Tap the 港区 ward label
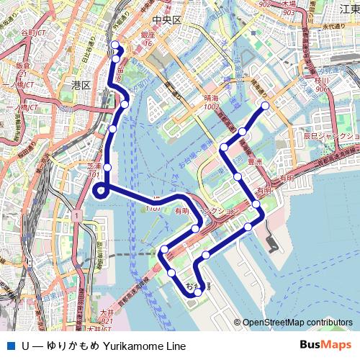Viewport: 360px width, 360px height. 81,85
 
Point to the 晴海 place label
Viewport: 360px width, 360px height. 211,98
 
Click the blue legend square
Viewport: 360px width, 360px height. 9,346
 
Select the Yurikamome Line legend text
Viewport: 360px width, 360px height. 105,346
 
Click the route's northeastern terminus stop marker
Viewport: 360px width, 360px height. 264,106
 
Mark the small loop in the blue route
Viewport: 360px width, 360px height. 100,191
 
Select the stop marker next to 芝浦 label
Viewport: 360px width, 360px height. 107,167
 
